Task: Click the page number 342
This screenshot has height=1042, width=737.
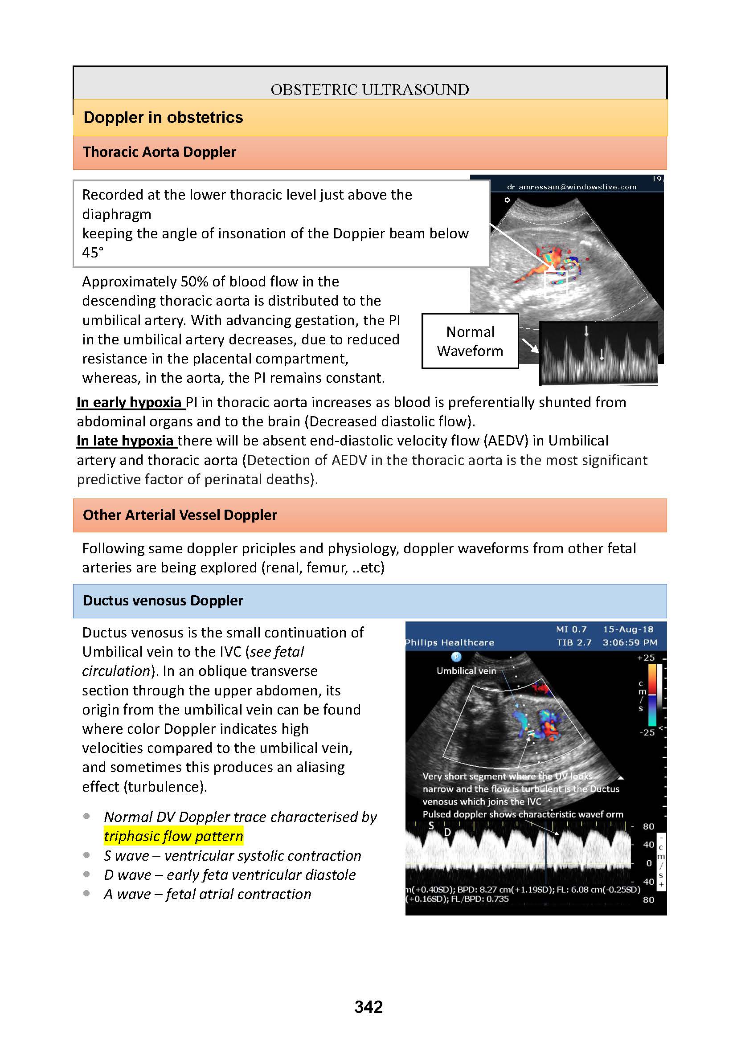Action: pyautogui.click(x=368, y=1007)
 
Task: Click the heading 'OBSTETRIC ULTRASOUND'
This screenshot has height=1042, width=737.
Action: pyautogui.click(x=369, y=90)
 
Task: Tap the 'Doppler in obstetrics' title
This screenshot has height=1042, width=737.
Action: pyautogui.click(x=163, y=118)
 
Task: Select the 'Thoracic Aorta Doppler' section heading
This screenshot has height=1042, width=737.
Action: pyautogui.click(x=159, y=152)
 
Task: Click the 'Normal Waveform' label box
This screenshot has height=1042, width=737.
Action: pyautogui.click(x=470, y=341)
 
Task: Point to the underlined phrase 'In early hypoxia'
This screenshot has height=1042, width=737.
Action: pyautogui.click(x=129, y=403)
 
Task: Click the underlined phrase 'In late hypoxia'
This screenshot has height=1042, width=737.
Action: pyautogui.click(x=125, y=441)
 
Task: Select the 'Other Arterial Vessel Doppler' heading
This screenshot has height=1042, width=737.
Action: pyautogui.click(x=180, y=515)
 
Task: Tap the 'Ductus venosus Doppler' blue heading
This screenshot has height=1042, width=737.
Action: pyautogui.click(x=163, y=601)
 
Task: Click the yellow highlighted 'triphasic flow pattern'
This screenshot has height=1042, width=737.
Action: pyautogui.click(x=173, y=836)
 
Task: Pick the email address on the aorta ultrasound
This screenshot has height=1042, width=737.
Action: pyautogui.click(x=571, y=187)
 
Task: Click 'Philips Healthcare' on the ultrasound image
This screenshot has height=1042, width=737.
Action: pyautogui.click(x=450, y=642)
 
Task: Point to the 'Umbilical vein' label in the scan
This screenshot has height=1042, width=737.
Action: pyautogui.click(x=466, y=671)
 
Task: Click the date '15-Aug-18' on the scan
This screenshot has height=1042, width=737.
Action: pyautogui.click(x=628, y=629)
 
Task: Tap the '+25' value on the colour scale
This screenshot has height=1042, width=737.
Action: pyautogui.click(x=646, y=658)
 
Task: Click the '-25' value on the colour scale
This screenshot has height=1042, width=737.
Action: pyautogui.click(x=647, y=732)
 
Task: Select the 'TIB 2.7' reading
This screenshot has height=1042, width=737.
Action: pyautogui.click(x=574, y=642)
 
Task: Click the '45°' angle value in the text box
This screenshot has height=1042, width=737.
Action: pyautogui.click(x=93, y=253)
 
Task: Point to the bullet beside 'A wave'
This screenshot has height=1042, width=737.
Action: pyautogui.click(x=87, y=894)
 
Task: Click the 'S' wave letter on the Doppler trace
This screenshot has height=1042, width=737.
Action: pyautogui.click(x=431, y=825)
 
